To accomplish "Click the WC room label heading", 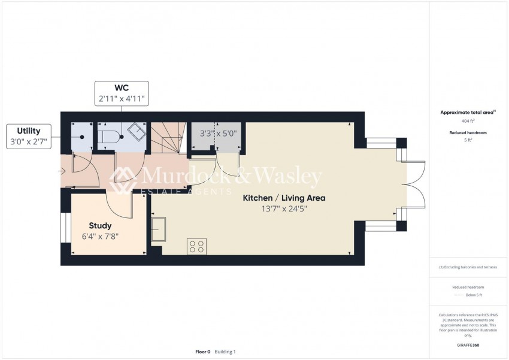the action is tap(122, 87).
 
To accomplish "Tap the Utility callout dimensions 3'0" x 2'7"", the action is tap(29, 141).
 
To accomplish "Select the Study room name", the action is tap(101, 226).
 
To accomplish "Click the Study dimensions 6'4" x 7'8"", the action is tap(100, 237).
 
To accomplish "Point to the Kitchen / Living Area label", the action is tap(284, 198).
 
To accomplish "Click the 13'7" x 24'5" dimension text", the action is tap(284, 208).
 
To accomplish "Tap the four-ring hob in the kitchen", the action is tap(197, 246).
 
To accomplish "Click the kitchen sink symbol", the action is tap(159, 229).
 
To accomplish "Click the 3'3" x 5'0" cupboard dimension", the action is tap(218, 134).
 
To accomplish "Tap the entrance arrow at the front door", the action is tap(62, 171).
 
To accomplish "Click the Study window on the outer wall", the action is tap(66, 228).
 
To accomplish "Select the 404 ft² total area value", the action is tap(468, 121).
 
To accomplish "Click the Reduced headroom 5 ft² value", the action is tap(468, 140).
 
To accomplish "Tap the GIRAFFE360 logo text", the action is tap(468, 345).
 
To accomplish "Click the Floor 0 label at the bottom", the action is tap(203, 352).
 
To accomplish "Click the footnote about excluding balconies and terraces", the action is tap(468, 267).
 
